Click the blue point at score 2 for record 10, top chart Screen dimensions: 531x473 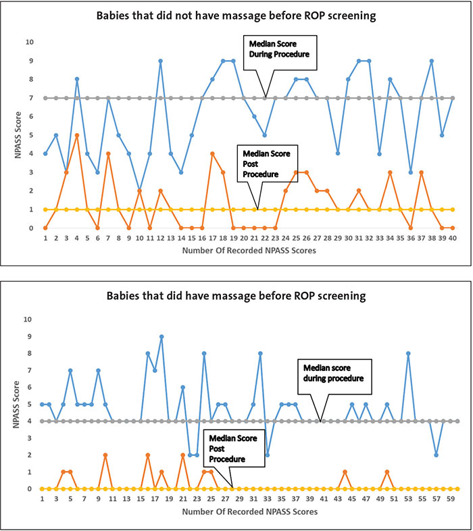[x=139, y=191]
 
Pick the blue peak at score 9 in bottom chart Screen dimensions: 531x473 [x=161, y=336]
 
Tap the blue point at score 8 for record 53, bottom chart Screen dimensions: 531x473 [x=409, y=353]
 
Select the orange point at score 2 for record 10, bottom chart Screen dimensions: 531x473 [x=105, y=455]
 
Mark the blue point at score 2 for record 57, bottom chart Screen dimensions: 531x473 [x=437, y=455]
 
